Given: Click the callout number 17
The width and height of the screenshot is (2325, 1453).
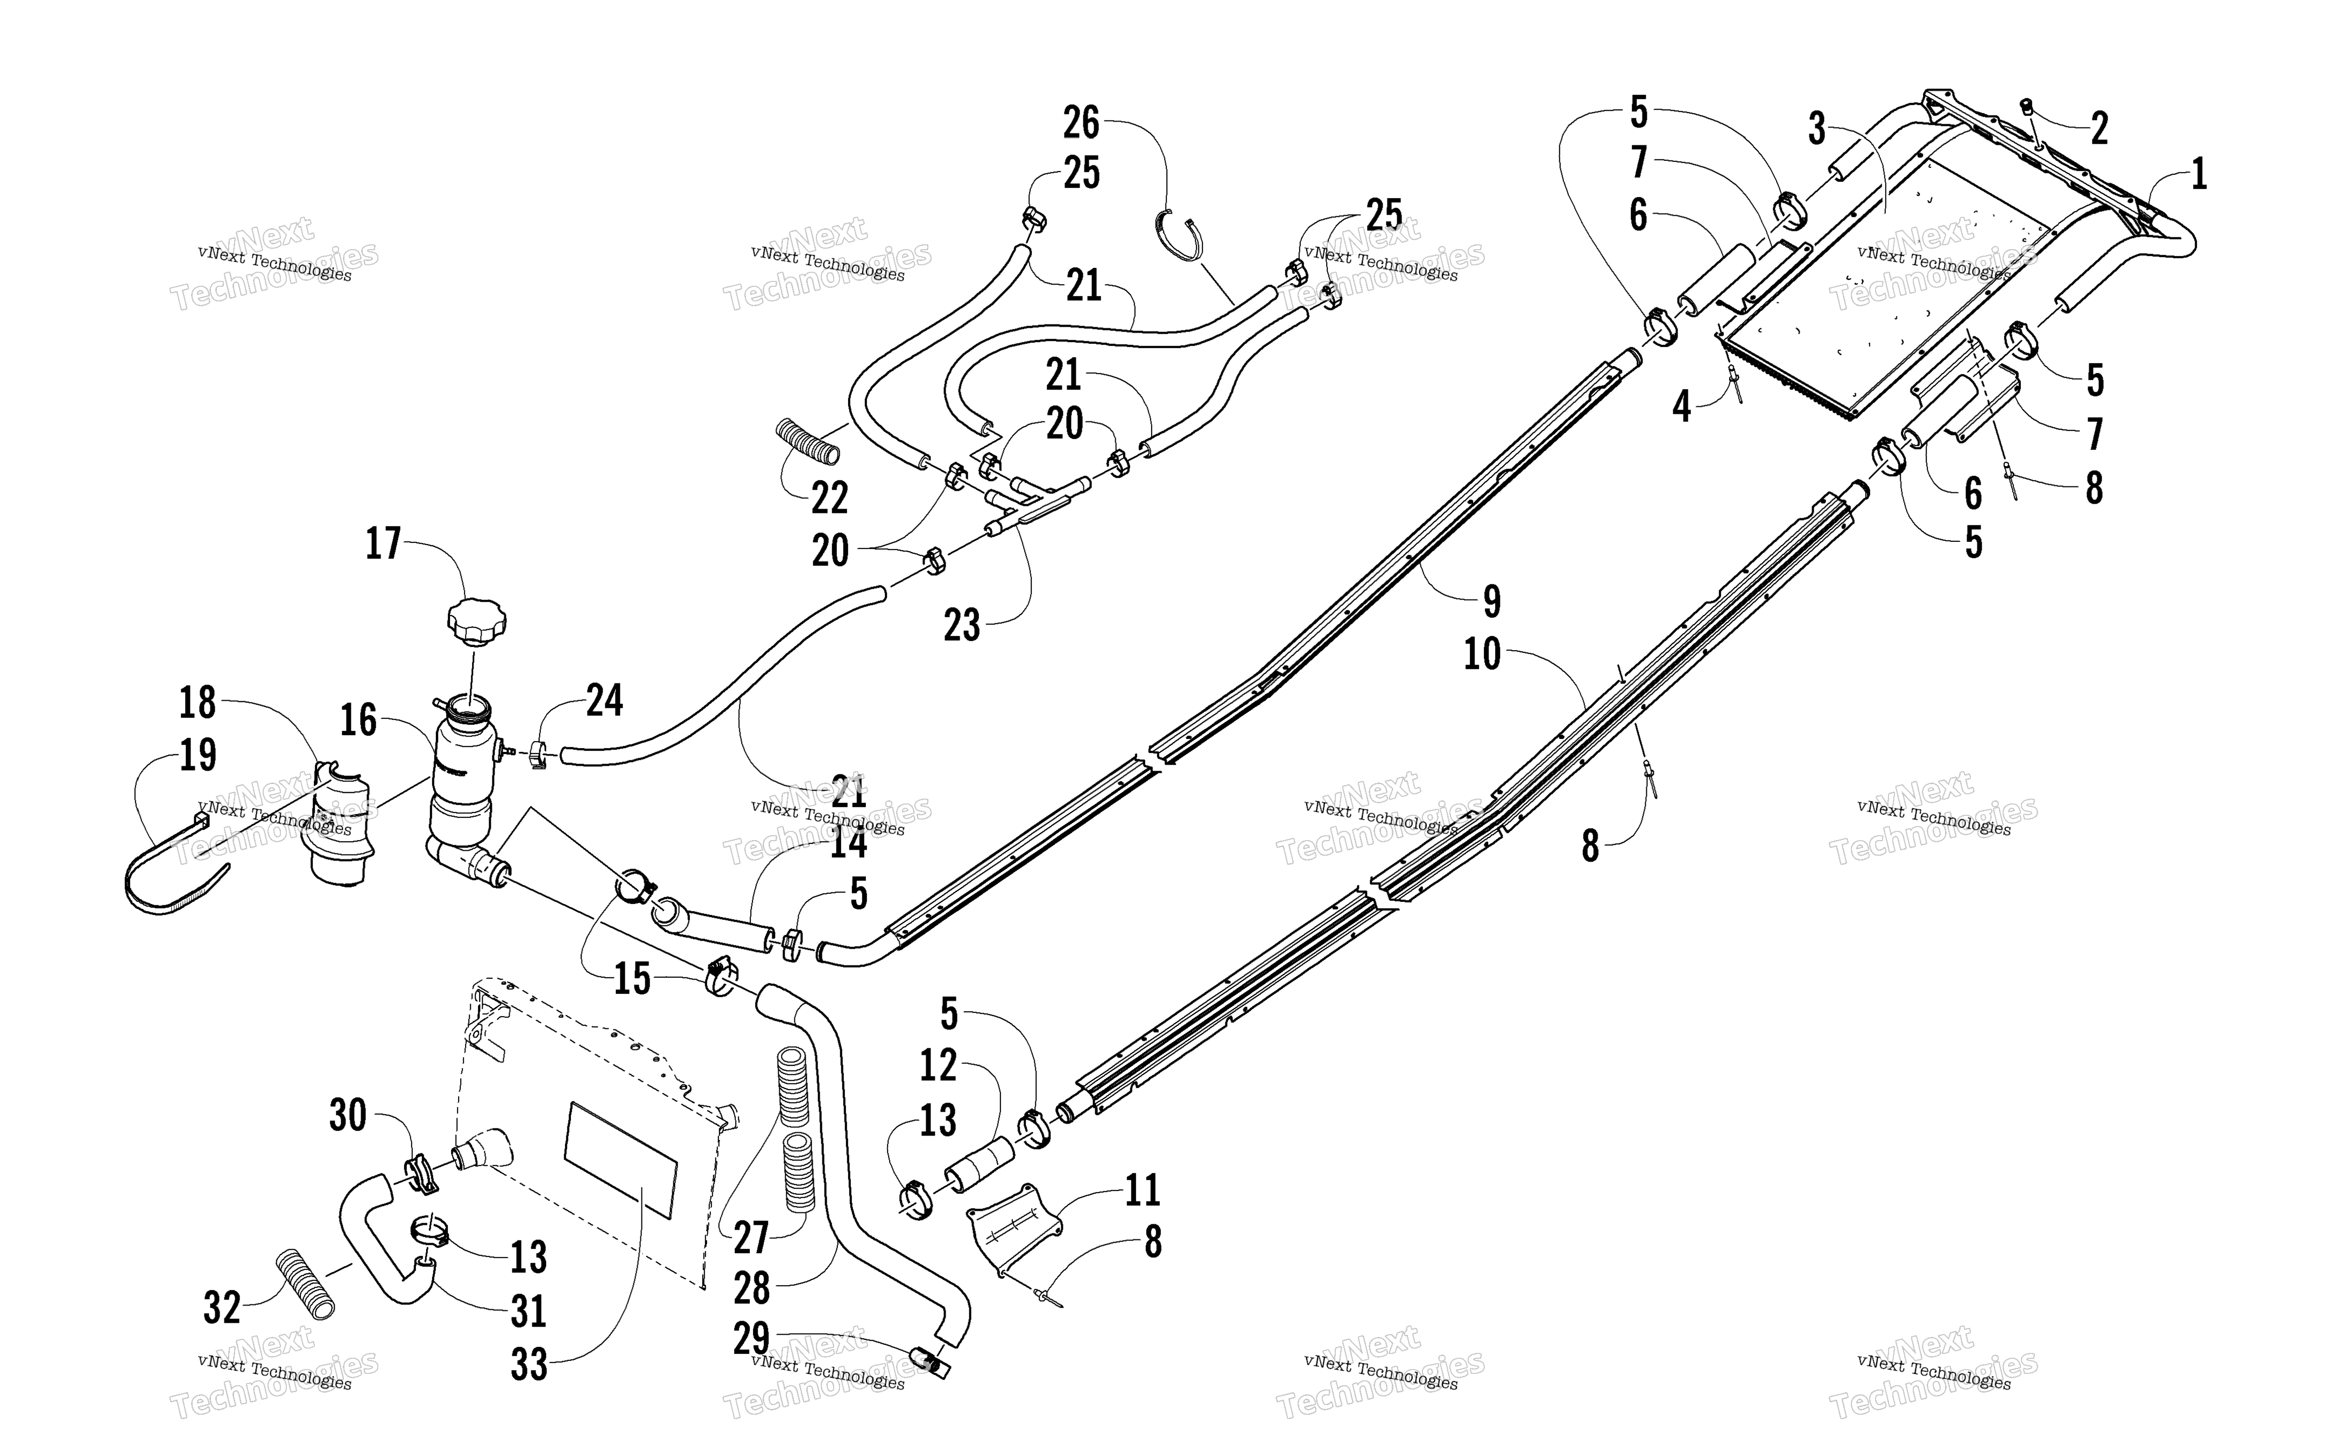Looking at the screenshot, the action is pos(383,544).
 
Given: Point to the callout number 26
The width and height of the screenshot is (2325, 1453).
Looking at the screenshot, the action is pos(1081,124).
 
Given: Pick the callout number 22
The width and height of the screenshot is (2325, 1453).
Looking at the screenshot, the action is pos(830,498).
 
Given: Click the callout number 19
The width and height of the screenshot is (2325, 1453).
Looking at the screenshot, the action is pos(198,756).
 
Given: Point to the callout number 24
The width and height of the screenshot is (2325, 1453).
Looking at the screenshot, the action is pos(604,701).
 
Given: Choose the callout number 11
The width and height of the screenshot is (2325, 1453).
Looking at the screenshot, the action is pos(1143,1190).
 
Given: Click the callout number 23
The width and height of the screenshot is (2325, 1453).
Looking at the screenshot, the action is pos(962,625).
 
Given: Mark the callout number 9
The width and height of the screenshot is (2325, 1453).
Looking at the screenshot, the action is pos(1491,602).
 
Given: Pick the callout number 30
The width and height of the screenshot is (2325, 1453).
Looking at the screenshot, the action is pos(348,1117).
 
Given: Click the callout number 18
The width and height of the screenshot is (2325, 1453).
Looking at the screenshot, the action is pos(198,703).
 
